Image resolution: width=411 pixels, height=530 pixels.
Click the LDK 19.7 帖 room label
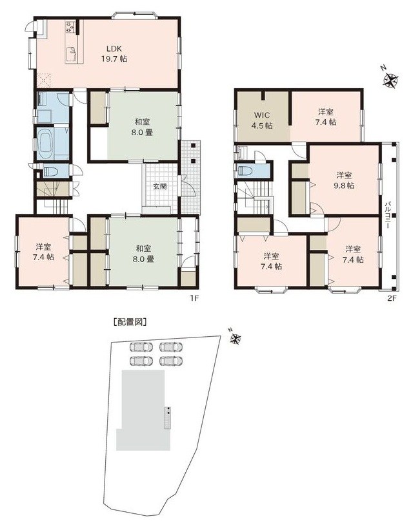pos(114,53)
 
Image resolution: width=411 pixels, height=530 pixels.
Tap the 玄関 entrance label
pos(160,186)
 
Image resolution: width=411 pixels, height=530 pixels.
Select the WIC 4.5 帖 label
pos(262,120)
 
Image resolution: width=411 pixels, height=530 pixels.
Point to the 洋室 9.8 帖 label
pos(344,180)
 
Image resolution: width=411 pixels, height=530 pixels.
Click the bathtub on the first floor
pos(48,143)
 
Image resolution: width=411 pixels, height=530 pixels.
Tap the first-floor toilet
pos(50,172)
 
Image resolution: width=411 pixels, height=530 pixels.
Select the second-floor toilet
pos(245,171)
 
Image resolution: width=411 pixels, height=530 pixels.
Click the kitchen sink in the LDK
pos(73,51)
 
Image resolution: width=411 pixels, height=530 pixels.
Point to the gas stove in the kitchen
pos(70,27)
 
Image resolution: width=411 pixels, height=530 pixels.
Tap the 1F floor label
pos(194,298)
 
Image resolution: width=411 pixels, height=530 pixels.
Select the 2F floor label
pos(392,298)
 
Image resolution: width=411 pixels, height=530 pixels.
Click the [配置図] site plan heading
pos(130,322)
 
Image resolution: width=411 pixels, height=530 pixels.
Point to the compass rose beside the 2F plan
pos(390,80)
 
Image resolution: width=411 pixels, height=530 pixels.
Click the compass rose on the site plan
pos(235,337)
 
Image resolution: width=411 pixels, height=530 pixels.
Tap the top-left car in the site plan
pos(141,347)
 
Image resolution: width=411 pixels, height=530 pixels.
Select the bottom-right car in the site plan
pos(171,361)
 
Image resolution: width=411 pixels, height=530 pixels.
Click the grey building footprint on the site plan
pos(142,410)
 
